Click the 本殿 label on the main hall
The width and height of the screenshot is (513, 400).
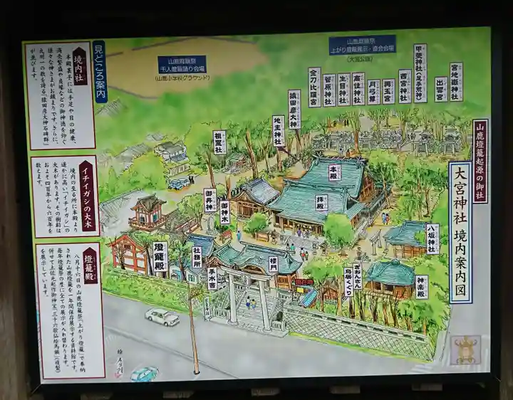click(334, 172)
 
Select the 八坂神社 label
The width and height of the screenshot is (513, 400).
click(432, 238)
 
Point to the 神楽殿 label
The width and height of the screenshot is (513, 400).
click(422, 286)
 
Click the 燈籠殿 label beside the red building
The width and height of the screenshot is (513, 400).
click(160, 258)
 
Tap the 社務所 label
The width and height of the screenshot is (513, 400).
click(197, 257)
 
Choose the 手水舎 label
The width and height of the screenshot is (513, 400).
click(212, 278)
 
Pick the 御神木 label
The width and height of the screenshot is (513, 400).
click(224, 212)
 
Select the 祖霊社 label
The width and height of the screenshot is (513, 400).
click(219, 142)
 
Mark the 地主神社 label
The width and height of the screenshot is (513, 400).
click(279, 131)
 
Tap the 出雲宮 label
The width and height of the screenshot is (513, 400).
click(441, 89)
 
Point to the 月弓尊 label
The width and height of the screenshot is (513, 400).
click(373, 92)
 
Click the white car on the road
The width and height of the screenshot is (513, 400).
click(162, 317)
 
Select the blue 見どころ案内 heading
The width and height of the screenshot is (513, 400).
click(99, 71)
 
